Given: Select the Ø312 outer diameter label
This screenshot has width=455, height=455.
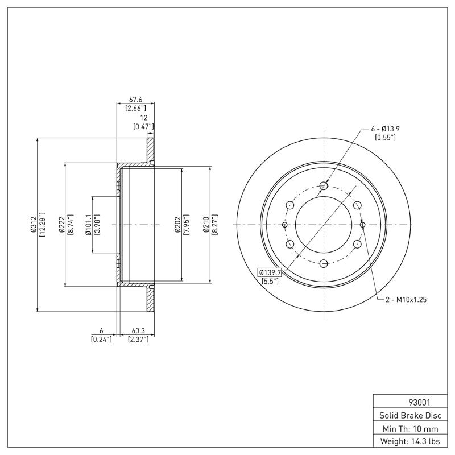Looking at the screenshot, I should pos(34,225).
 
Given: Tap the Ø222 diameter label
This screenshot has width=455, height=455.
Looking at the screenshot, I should pos(63,225).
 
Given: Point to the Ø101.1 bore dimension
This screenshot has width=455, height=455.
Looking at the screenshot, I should pos(88,225).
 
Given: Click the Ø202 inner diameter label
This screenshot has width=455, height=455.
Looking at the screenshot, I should pos(178,225).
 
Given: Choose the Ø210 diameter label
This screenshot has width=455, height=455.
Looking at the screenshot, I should pos(206,225).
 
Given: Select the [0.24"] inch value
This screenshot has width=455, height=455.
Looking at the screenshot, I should pos(101,340).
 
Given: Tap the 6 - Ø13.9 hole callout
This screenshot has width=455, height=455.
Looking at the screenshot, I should pos(385,129).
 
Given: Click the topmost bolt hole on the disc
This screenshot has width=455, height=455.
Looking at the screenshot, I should pos(324,186).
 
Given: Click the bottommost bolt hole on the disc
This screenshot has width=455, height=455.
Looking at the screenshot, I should pos(324,263).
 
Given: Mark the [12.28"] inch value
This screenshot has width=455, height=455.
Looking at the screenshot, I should pos(43,225).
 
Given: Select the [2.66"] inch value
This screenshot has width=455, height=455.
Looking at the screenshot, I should pos(135,107).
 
